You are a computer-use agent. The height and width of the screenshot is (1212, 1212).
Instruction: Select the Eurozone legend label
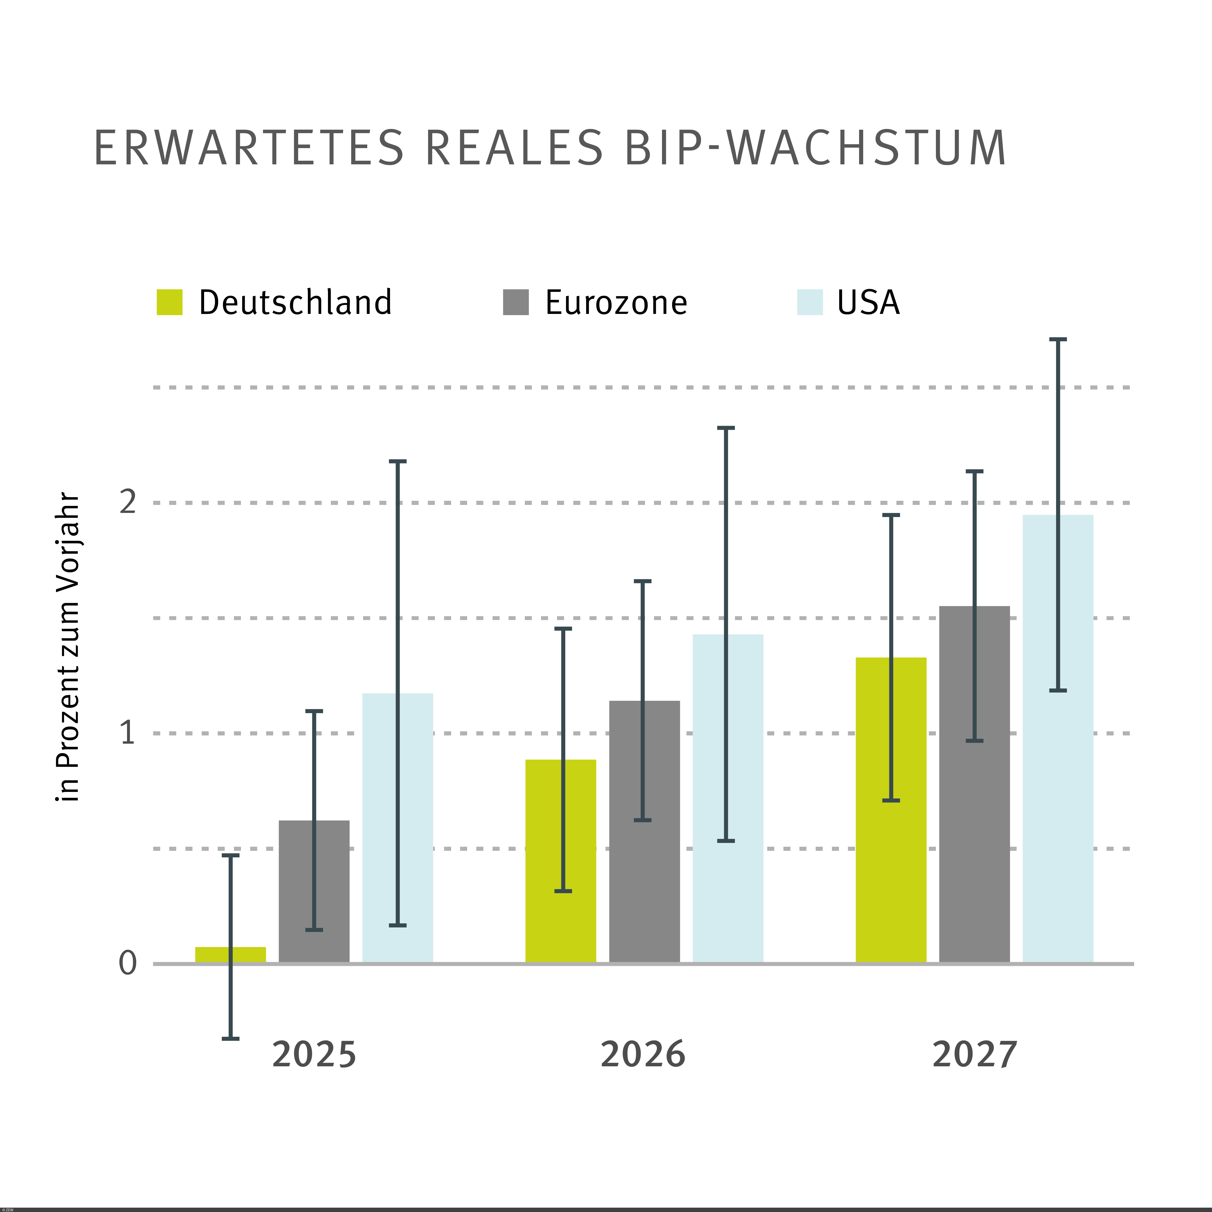coord(616,302)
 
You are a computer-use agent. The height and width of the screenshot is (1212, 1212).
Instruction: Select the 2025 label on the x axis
coord(314,1054)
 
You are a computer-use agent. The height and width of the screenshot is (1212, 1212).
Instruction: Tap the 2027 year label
coord(974,1054)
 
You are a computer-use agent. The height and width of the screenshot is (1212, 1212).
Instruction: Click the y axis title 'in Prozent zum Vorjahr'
coord(68,646)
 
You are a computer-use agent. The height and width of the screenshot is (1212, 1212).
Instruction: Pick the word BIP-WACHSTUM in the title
coord(815,149)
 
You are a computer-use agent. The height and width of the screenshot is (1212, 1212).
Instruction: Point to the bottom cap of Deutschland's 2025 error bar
coord(230,1038)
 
